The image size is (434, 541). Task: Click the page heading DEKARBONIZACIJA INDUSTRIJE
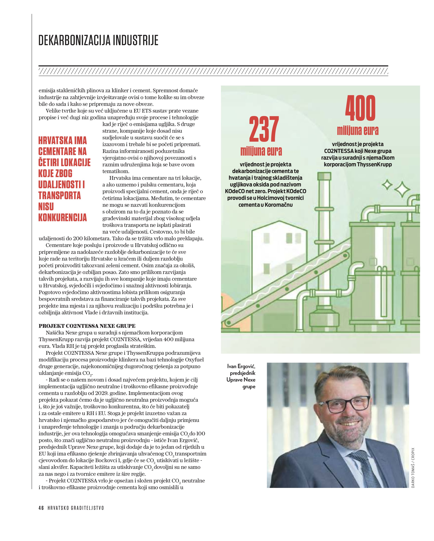(98, 40)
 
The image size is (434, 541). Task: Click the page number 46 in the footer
(41, 508)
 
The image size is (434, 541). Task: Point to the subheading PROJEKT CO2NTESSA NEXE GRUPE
(87, 326)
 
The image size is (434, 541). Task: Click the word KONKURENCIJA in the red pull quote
(63, 217)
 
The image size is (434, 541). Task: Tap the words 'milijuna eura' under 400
(358, 131)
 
